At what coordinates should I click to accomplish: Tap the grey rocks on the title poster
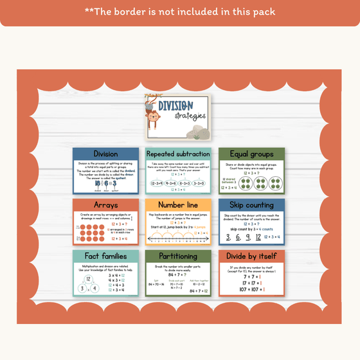[x=199, y=132]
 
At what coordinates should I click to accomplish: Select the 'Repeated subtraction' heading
[x=178, y=154]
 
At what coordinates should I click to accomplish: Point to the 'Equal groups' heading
[x=251, y=154]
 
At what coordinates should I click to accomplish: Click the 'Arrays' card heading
[x=105, y=205]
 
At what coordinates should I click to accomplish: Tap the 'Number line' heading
[x=178, y=205]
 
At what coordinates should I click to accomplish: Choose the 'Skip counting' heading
[x=251, y=205]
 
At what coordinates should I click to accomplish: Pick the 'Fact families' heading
[x=105, y=256]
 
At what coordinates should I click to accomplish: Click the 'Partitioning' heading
[x=178, y=256]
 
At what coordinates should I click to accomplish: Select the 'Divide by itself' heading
[x=251, y=256]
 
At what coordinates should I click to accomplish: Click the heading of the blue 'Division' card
[x=105, y=154]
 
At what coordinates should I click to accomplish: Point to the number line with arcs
[x=178, y=239]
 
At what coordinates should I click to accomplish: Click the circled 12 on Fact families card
[x=88, y=278]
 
